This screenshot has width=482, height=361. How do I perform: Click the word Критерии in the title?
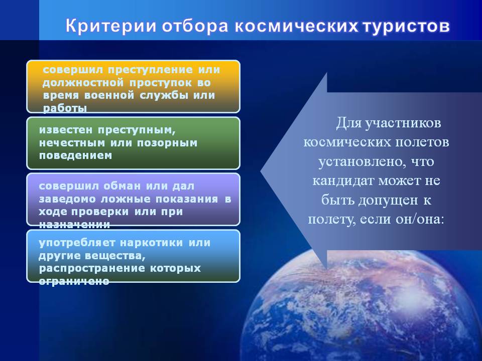[x=111, y=27]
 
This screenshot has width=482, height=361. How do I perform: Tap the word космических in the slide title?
[x=297, y=27]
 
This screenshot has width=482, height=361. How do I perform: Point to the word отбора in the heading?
[x=195, y=27]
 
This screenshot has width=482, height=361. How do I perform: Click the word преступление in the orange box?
[x=150, y=70]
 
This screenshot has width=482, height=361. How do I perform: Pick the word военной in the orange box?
[x=109, y=95]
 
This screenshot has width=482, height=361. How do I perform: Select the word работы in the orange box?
[x=65, y=108]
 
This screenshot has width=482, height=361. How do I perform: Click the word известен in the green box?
[x=65, y=130]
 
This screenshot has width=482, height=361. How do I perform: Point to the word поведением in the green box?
[x=75, y=155]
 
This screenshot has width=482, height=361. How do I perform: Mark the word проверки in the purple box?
[x=100, y=212]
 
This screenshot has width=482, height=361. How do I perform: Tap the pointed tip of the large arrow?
[x=261, y=171]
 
